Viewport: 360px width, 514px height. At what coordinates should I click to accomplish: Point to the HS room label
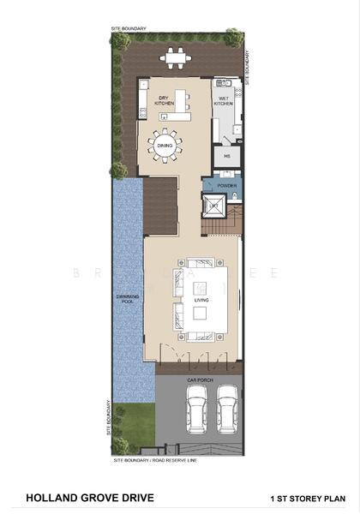point(228,157)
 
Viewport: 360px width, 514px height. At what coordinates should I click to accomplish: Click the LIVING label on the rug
point(201,301)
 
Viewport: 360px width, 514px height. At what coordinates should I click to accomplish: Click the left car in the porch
point(197,409)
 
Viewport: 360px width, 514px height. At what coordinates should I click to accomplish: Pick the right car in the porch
point(227,409)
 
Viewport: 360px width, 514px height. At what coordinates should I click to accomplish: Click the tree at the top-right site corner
point(233,37)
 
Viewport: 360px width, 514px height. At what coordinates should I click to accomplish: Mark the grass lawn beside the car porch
point(132,421)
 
